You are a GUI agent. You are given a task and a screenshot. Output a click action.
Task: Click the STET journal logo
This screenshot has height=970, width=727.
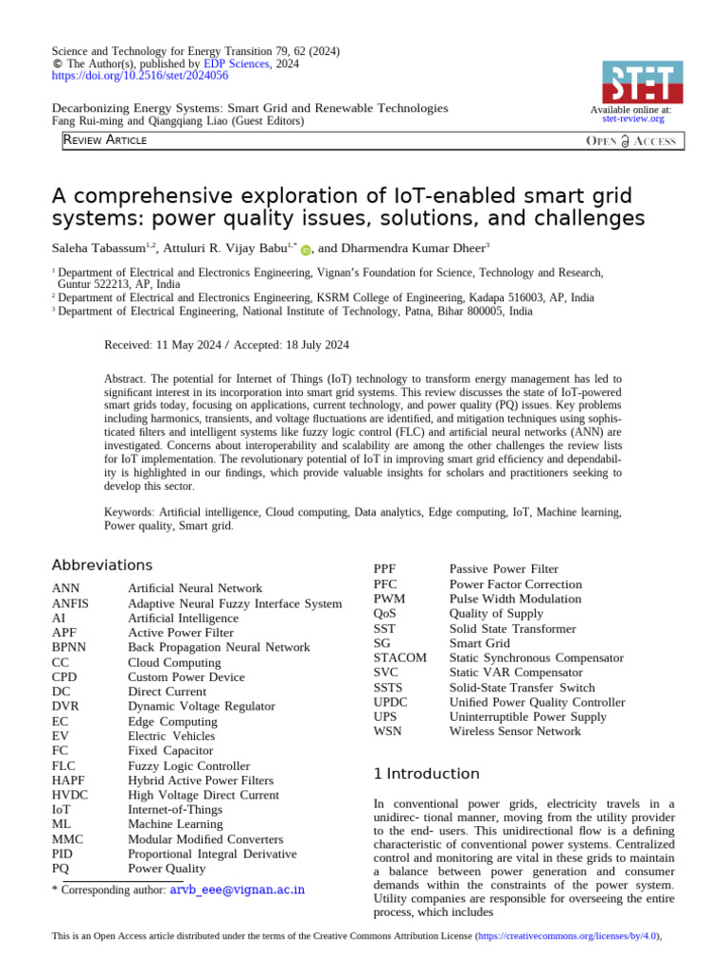pos(642,81)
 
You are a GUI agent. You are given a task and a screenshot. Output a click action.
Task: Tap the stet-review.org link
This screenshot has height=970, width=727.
pos(632,119)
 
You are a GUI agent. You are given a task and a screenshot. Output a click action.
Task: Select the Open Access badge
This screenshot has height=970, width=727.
pos(631,141)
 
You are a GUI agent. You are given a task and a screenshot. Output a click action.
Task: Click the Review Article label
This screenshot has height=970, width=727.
pos(105,140)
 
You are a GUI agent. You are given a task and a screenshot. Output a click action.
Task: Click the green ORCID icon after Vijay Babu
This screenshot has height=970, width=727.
pos(306,249)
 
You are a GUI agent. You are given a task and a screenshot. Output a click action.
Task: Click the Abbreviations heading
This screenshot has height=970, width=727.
pos(101,566)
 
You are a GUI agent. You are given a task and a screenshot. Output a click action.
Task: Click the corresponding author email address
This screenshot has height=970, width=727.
pos(237,891)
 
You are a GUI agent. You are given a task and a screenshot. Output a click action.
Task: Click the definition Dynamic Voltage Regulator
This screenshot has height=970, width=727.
pos(201,707)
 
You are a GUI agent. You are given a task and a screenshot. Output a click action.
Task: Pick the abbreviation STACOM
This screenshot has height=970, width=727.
pos(399,657)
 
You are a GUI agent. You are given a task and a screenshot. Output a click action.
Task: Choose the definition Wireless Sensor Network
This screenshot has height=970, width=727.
pos(515,731)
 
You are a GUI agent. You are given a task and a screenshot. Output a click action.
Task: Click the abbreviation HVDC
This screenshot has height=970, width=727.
pos(72,795)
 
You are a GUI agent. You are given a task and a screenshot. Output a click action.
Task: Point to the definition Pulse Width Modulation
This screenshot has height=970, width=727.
pos(515,599)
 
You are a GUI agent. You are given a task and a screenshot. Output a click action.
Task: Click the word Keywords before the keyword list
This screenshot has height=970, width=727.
pos(129,512)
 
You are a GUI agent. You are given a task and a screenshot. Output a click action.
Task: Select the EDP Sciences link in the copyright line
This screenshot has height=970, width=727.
pos(239,64)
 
